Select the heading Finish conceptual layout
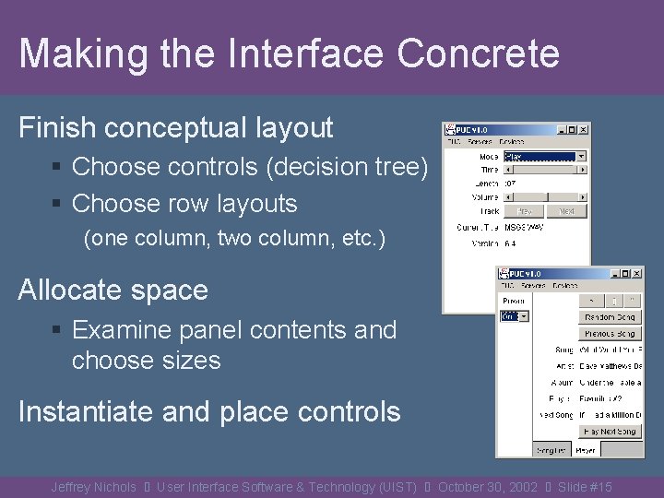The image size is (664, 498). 175,127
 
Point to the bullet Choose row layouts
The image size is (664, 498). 184,204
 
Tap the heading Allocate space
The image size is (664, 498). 113,290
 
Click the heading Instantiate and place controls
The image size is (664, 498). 209,411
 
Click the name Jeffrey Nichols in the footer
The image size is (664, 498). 93,487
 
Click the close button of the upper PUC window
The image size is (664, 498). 583,130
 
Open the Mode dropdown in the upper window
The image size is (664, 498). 581,157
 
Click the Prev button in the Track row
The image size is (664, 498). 524,211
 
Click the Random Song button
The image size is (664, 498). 610,317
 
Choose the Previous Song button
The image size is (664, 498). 610,334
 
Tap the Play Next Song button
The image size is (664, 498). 610,432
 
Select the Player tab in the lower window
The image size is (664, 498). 585,449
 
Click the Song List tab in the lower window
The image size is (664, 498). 551,449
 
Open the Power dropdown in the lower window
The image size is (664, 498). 523,316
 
